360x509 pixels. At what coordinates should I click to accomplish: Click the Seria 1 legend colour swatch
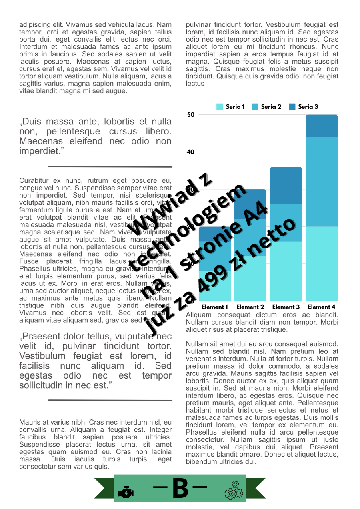(x=220, y=107)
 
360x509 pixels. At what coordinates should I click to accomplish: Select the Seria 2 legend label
(x=271, y=107)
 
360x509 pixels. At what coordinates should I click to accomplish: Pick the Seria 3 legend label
(x=308, y=107)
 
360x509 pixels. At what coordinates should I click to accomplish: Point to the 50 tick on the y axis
(x=190, y=115)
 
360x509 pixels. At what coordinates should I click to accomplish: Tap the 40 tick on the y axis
(x=190, y=152)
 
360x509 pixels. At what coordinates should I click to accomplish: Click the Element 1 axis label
(x=215, y=307)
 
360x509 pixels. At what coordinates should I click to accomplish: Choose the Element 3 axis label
(x=286, y=307)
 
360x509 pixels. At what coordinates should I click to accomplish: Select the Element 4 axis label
(x=322, y=307)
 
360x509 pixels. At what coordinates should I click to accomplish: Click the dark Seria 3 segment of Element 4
(x=322, y=126)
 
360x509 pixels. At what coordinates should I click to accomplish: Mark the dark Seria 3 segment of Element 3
(x=286, y=185)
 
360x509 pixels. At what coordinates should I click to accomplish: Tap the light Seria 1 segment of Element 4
(x=322, y=264)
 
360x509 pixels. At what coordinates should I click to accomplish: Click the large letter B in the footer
(x=180, y=488)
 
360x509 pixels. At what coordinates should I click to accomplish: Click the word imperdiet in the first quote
(x=38, y=151)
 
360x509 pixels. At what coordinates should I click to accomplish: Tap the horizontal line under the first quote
(x=110, y=166)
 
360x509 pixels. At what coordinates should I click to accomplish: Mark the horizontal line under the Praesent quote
(x=110, y=400)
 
